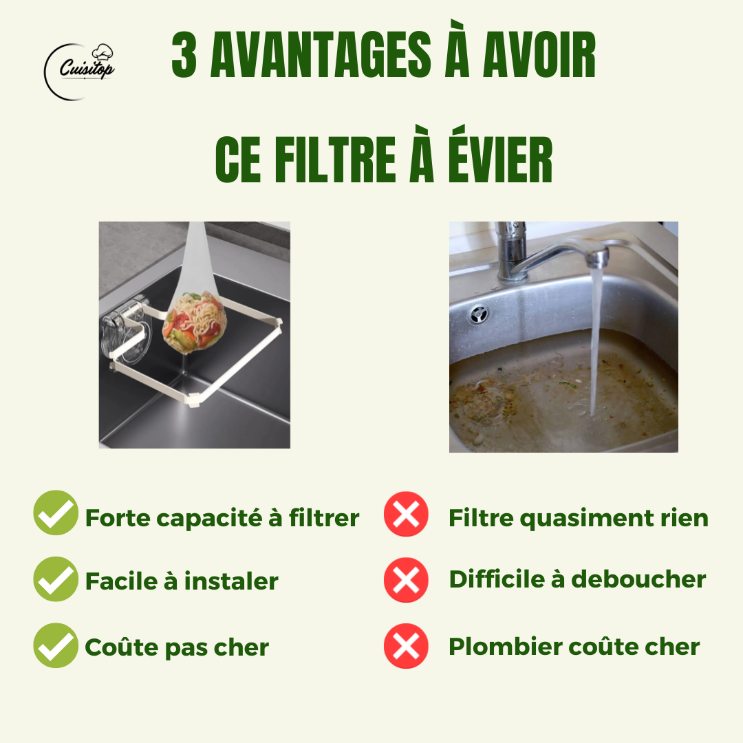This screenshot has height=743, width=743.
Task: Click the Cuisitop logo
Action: [x=80, y=71]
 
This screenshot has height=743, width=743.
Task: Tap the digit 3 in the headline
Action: [x=184, y=54]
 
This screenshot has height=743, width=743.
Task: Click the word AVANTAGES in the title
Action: [x=321, y=54]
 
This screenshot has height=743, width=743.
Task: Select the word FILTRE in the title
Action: [x=335, y=159]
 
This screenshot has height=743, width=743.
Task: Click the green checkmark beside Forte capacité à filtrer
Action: [x=56, y=513]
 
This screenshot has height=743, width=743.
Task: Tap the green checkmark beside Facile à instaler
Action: [x=56, y=579]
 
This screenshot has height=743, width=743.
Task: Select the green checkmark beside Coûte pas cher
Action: [x=56, y=645]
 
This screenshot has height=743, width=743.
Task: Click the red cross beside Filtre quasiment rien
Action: [x=406, y=514]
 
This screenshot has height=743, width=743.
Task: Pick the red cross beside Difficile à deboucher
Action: [x=406, y=580]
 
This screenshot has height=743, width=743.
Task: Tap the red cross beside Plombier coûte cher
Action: [x=406, y=646]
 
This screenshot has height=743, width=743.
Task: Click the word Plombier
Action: [x=505, y=647]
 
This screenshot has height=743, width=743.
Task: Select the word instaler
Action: [x=230, y=581]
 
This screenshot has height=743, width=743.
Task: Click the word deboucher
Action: [x=638, y=579]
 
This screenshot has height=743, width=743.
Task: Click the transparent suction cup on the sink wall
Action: [x=125, y=331]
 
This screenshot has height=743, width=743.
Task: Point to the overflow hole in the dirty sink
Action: [x=478, y=314]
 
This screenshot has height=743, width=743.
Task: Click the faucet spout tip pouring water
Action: [x=597, y=259]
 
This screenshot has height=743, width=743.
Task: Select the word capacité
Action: [x=208, y=519]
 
